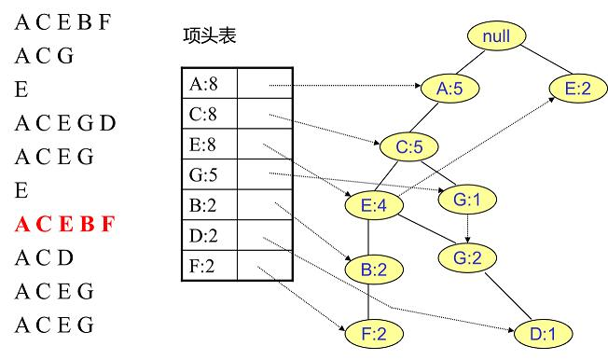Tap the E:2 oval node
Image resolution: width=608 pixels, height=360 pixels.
(577, 89)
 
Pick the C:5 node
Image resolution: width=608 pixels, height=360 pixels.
(407, 146)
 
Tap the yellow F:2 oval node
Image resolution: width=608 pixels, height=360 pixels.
(371, 331)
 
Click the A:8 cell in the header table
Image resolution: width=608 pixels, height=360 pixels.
(208, 83)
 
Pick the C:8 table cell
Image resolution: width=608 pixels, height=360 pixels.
(208, 114)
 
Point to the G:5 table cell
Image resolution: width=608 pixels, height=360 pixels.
(208, 174)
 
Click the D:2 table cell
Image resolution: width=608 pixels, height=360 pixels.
(208, 236)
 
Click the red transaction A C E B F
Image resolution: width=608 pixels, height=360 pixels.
(65, 225)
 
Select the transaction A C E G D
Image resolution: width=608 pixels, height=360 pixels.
(66, 123)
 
